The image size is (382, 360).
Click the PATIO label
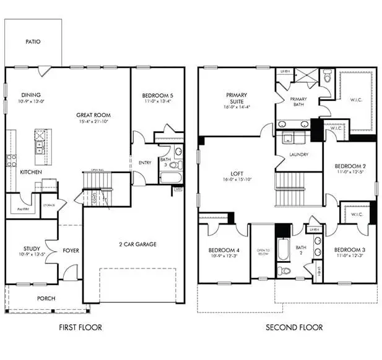33,42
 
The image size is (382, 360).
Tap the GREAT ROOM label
93,115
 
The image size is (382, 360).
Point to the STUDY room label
32,249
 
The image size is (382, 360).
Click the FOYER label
71,251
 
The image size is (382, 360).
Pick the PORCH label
46,298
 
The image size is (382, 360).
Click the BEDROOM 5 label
157,95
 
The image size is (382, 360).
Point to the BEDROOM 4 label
224,250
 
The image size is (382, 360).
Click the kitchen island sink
39,147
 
